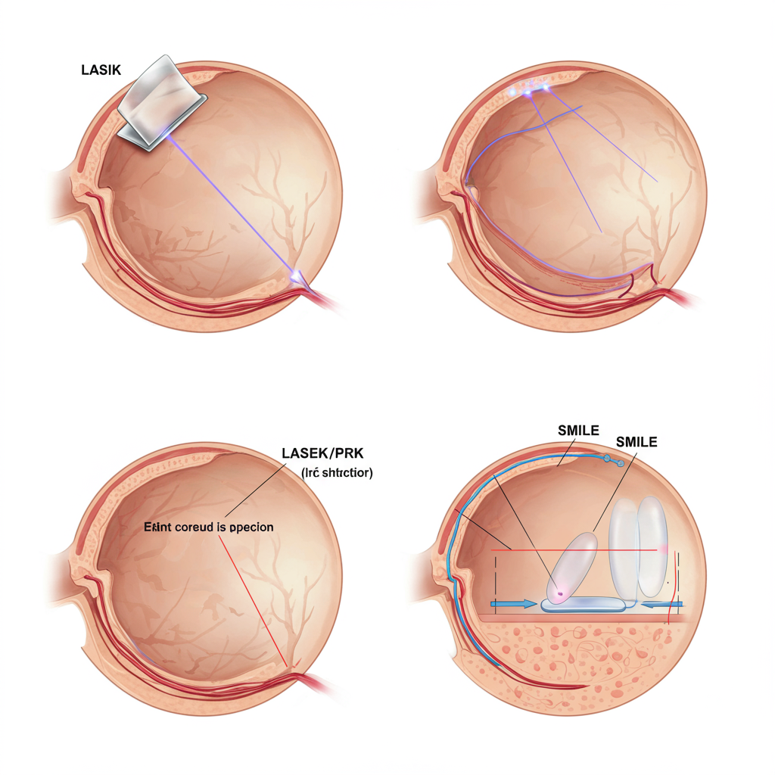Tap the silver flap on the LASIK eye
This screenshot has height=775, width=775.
tap(161, 101)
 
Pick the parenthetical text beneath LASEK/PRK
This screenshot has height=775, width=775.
tap(337, 473)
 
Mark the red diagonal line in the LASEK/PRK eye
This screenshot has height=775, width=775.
tap(254, 598)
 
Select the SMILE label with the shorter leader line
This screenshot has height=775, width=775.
tap(578, 430)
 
